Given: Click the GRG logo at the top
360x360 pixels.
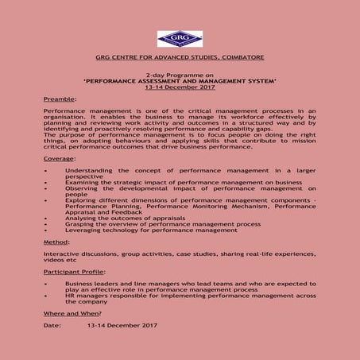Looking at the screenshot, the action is (x=179, y=39).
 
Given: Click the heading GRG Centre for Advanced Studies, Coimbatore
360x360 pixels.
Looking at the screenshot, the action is (x=180, y=58).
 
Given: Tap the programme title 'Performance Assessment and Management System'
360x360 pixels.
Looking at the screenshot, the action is (x=180, y=81).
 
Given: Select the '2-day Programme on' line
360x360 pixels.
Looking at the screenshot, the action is (x=180, y=75).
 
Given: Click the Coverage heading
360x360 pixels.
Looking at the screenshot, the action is (x=60, y=159).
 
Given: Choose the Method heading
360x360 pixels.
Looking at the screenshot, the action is (x=56, y=241).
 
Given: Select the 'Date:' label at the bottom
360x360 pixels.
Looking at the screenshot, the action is (x=52, y=325).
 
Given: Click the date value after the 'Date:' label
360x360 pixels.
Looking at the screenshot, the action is (x=122, y=325).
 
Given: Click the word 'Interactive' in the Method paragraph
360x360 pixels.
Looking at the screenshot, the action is (x=61, y=254).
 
